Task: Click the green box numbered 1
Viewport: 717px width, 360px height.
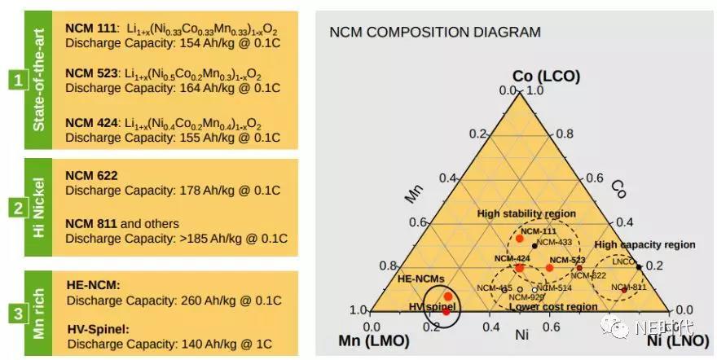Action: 15,80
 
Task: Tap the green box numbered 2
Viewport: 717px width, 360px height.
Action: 15,208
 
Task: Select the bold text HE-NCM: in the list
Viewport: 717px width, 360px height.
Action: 92,285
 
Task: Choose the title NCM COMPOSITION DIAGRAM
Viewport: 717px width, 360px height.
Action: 434,33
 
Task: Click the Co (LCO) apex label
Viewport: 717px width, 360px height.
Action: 546,76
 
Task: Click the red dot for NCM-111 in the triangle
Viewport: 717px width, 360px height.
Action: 519,238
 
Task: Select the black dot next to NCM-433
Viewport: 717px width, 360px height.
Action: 534,245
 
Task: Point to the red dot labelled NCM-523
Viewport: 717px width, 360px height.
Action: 549,267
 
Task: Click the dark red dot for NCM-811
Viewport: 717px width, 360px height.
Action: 624,290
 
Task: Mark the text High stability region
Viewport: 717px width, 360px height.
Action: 526,213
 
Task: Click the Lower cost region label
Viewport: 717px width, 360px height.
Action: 543,306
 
